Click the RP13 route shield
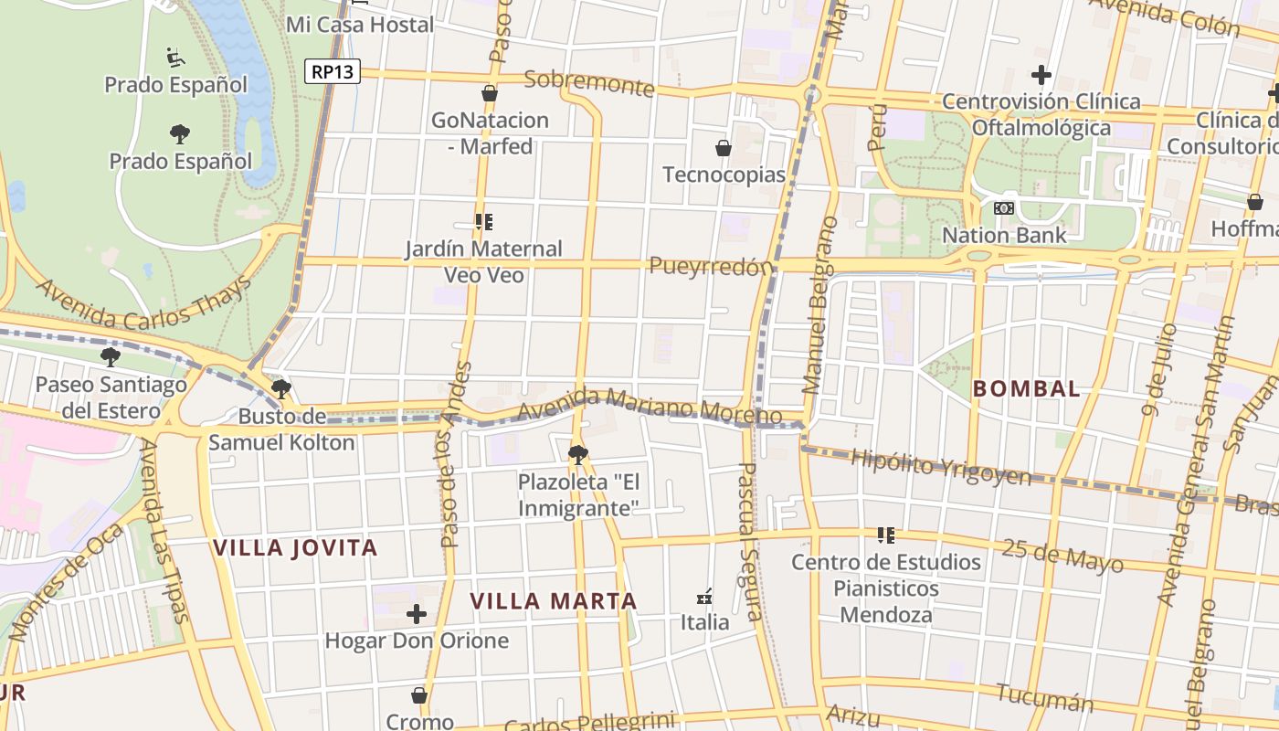333,71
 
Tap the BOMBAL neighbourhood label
1026,388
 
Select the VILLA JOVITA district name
295,548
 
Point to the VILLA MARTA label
554,601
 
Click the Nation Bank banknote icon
1004,208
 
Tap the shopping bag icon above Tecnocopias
724,147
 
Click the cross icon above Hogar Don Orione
417,613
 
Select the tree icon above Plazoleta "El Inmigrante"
577,454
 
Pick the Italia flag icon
704,597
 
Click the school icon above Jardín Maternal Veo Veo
484,221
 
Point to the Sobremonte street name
590,83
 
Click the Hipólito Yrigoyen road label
940,467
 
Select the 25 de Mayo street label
1062,555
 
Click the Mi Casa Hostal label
360,25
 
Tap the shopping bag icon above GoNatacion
490,93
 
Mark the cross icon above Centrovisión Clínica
1041,75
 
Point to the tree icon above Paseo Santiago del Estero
111,356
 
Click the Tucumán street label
1044,698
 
